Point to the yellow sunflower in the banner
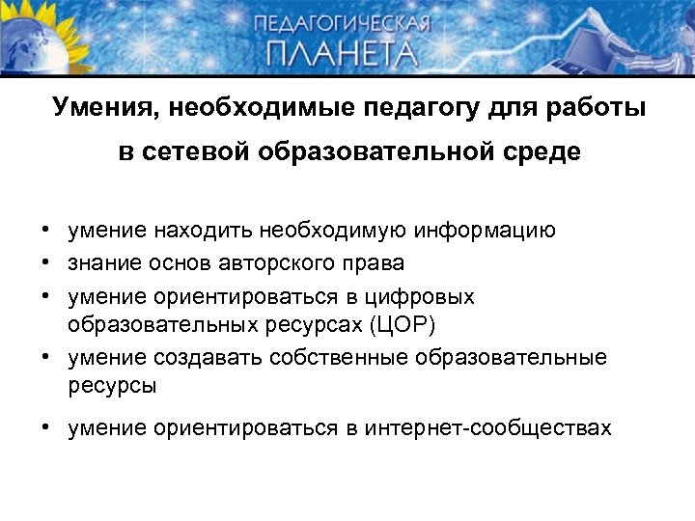(x=24, y=29)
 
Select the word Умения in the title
(x=100, y=106)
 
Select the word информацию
(x=485, y=230)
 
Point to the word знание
(x=105, y=262)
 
